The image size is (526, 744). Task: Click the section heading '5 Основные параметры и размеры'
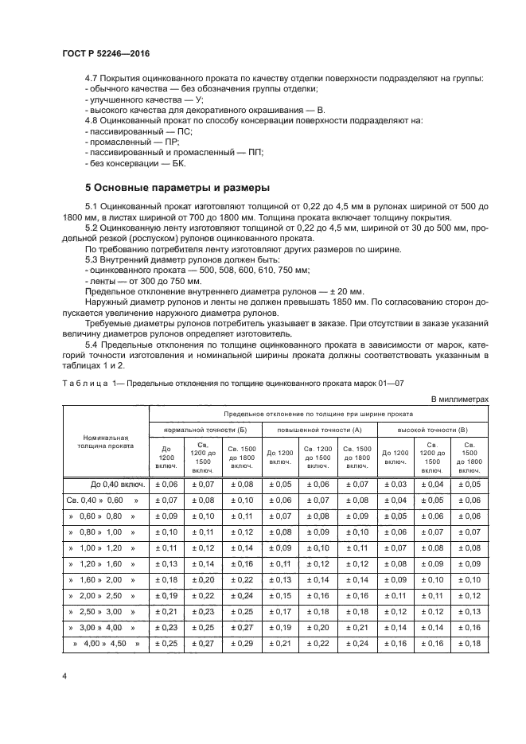coord(178,188)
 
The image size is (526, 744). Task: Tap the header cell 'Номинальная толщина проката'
coord(106,442)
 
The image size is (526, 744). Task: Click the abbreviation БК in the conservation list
coord(177,163)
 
